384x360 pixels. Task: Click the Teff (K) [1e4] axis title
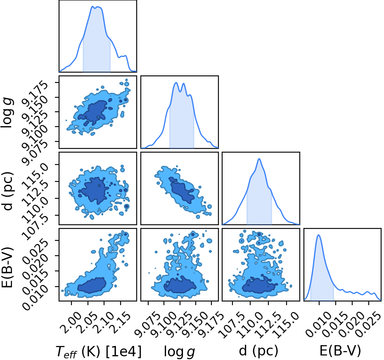pos(99,352)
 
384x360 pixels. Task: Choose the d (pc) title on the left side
pos(7,188)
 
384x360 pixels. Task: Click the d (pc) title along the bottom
pos(258,351)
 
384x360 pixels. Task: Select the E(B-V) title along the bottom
pos(340,351)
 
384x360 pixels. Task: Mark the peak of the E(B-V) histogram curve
pos(319,235)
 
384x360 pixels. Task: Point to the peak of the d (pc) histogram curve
pos(259,159)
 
